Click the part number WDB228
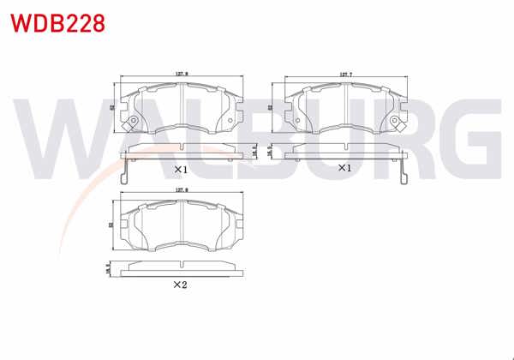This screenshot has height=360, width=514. pos(57,23)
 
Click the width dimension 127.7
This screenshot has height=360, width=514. pos(346,75)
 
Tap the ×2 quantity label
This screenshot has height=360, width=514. pos(180,285)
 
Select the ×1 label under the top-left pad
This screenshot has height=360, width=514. pos(181,169)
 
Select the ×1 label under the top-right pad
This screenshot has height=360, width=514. pos(344,168)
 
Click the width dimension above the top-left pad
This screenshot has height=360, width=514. pos(182,75)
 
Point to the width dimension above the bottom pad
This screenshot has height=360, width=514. pos(182,190)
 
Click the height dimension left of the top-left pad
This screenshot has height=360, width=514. pos(112,108)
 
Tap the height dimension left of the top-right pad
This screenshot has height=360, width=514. pos(271,108)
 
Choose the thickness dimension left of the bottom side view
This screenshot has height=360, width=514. pos(107,268)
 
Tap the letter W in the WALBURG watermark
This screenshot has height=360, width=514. pos(60,137)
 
